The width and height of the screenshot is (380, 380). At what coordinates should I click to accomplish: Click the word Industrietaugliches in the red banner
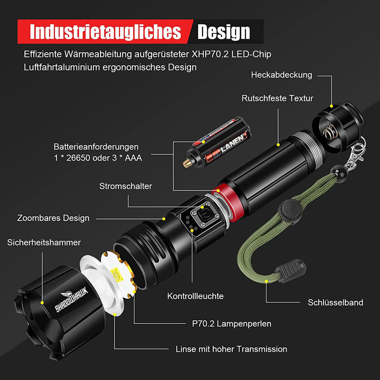coord(105,31)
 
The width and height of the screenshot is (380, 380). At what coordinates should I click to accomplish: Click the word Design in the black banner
coord(224,31)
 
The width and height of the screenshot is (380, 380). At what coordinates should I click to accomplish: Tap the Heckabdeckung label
coord(281,75)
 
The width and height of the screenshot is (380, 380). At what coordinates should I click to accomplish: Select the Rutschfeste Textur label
coord(277,98)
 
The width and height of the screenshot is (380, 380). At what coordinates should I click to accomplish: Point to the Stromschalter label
coord(125,186)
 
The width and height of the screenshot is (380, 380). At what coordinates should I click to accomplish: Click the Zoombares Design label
coord(53,218)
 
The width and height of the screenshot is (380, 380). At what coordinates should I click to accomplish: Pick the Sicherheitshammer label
coord(44,242)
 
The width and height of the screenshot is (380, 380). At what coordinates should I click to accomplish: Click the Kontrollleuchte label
coord(195,296)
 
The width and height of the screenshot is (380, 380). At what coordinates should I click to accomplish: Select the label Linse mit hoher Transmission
coord(231,349)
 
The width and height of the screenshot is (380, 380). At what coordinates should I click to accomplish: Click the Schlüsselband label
coord(335,302)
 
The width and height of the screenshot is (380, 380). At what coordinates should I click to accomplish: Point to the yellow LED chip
coord(116,277)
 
